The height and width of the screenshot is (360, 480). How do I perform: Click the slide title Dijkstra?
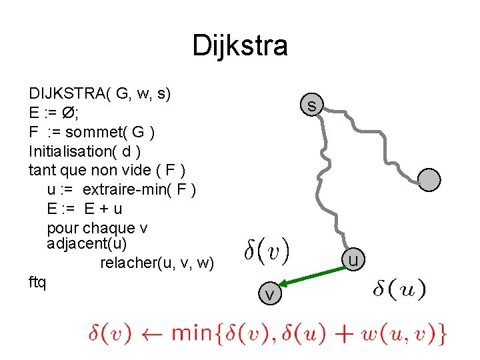point(240,46)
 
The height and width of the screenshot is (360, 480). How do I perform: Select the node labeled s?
point(312,105)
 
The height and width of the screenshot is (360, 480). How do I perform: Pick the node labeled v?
point(269,294)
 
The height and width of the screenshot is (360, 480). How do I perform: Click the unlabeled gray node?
point(430,179)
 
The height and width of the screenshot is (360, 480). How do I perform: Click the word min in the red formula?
point(192,332)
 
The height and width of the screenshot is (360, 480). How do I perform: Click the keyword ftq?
point(37,282)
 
